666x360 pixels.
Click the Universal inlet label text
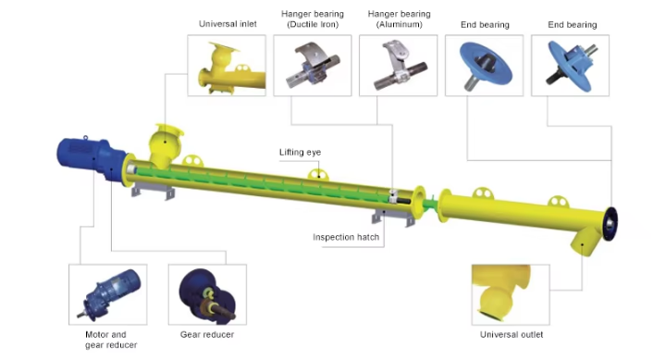click(228, 24)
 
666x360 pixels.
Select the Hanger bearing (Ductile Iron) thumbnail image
click(313, 66)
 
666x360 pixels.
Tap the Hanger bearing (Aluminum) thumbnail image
click(398, 66)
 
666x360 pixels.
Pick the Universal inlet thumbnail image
click(227, 66)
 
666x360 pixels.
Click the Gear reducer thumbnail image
click(207, 294)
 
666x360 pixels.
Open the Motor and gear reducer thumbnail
click(108, 294)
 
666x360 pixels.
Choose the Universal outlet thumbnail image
click(511, 294)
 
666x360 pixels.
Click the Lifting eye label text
click(300, 152)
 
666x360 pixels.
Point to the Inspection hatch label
click(346, 237)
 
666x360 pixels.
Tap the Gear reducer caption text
click(207, 334)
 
